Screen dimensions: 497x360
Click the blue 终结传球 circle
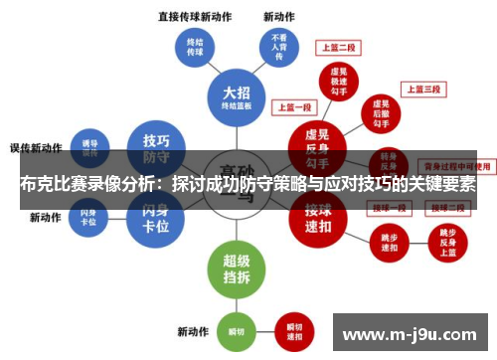point(195,49)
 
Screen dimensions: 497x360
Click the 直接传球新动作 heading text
point(195,17)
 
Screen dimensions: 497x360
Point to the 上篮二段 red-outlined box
point(338,47)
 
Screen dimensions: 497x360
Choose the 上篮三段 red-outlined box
point(422,90)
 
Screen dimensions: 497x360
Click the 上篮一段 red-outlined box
point(294,106)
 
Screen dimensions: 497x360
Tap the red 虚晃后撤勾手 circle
point(379,112)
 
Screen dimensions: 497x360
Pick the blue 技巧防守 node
point(157,147)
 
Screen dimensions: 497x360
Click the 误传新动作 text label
point(37,147)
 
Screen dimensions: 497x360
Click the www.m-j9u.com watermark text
point(411,332)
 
